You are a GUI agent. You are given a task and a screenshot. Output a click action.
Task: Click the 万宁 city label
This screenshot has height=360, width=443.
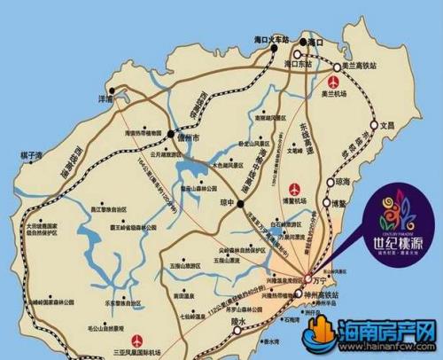(x=330, y=281)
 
